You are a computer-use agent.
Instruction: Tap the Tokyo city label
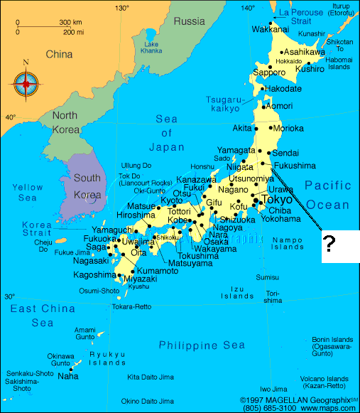(x=277, y=200)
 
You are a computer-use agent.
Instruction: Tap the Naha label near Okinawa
(x=68, y=375)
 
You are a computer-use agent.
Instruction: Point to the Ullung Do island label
(x=136, y=166)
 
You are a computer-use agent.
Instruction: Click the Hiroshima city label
(x=136, y=215)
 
